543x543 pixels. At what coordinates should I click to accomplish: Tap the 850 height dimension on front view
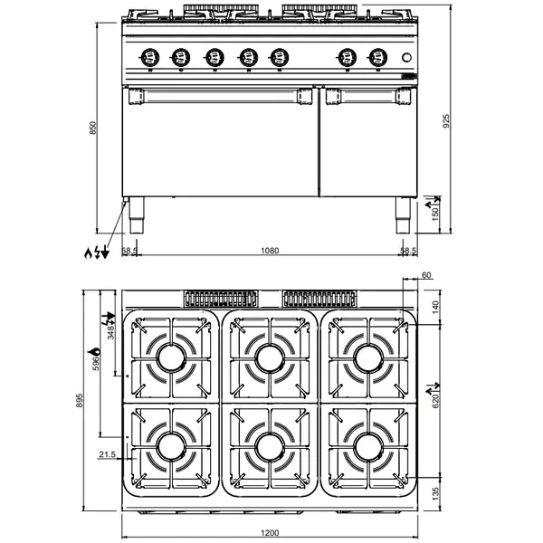point(91,129)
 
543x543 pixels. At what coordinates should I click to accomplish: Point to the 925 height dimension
point(444,119)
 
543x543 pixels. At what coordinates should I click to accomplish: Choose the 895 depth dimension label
point(81,400)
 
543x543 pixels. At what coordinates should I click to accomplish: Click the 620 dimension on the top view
point(433,398)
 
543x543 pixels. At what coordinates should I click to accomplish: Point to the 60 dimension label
point(426,275)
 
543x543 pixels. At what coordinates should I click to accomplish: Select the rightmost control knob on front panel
point(376,58)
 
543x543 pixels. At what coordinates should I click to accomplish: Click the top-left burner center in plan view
point(170,358)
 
